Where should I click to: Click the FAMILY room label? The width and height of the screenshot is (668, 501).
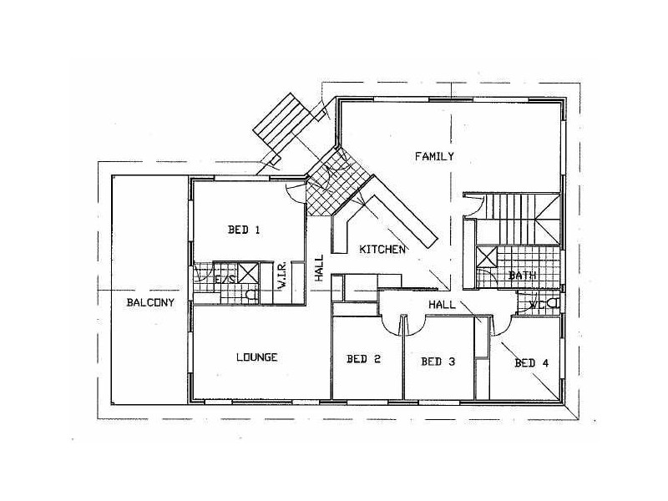[x=435, y=156]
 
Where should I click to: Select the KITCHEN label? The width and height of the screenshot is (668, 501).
[x=382, y=250]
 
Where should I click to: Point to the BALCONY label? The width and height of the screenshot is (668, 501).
[x=150, y=302]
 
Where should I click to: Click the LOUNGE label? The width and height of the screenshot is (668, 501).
[x=256, y=357]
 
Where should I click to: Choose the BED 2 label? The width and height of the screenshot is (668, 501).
[x=363, y=360]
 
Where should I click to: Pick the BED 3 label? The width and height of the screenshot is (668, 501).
[x=438, y=362]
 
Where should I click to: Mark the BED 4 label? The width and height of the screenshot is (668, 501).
[x=532, y=362]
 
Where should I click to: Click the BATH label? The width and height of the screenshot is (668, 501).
[x=523, y=276]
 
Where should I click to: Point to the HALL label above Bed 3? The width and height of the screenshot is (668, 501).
[x=442, y=305]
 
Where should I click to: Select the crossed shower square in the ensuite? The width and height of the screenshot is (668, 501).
[x=247, y=270]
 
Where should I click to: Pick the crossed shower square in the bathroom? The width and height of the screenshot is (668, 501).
[x=487, y=256]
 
